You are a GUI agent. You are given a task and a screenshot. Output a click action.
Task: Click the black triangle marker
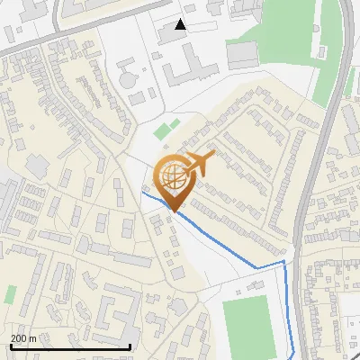pos(181,24)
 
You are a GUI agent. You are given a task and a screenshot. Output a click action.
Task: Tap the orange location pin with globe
pos(174,181)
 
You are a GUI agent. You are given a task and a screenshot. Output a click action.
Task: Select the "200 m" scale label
pos(24,337)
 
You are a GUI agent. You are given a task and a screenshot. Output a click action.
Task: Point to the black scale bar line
pos(70,346)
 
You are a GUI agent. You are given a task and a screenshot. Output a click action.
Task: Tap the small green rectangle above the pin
pos(162,131)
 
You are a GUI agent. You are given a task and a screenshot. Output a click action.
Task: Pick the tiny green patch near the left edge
pos(10,294)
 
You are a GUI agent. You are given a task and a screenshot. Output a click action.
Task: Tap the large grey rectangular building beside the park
pos(242,55)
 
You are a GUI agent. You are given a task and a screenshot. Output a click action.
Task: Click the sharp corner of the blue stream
pos(284,262)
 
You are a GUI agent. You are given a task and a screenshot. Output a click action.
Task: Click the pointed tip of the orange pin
pos(174,210)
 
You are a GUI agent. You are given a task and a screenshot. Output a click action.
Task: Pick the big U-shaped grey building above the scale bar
pos(112,306)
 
